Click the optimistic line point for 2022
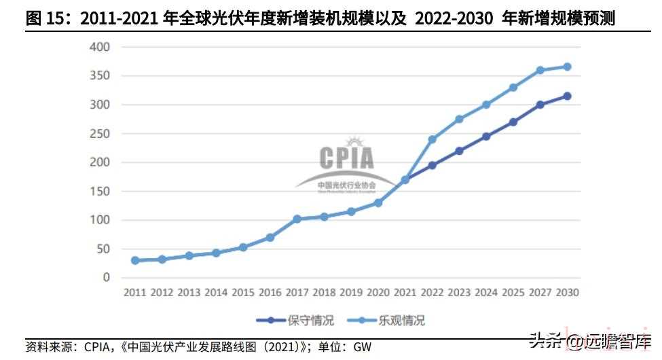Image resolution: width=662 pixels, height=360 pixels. point(433,139)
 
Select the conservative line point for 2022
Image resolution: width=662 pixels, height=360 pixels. point(433,165)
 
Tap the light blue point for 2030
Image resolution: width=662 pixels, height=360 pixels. point(567,67)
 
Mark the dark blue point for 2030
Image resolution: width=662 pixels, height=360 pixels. point(567,96)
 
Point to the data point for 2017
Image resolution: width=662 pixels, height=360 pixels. point(297,219)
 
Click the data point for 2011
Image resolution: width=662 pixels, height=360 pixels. point(135,260)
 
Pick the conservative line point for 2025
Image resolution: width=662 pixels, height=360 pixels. point(513,122)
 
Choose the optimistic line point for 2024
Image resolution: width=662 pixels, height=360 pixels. point(486,105)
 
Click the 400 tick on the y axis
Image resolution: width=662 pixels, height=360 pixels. point(99,48)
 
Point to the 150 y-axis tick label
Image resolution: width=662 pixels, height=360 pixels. point(99,191)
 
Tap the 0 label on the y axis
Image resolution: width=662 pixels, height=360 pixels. point(106,277)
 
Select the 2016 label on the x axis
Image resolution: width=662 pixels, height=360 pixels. point(270,293)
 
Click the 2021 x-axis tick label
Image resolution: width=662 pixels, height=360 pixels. point(405,293)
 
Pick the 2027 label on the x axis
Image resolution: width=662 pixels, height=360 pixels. point(540,293)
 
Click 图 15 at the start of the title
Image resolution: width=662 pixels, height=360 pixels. point(45,18)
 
